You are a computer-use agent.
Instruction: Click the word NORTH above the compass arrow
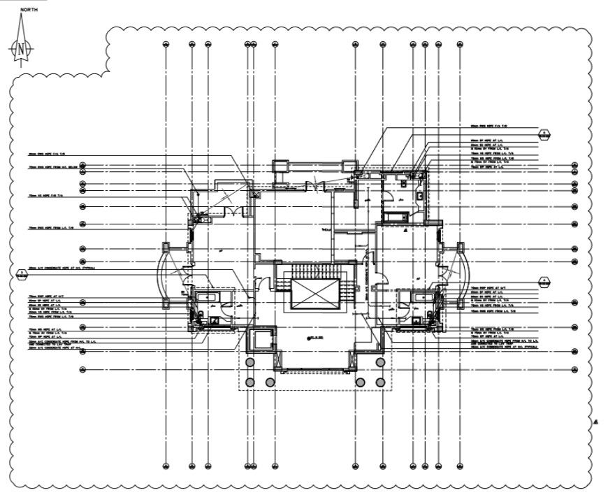pyautogui.click(x=29, y=10)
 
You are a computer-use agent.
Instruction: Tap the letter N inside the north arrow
pyautogui.click(x=22, y=49)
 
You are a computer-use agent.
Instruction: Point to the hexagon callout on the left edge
pyautogui.click(x=22, y=272)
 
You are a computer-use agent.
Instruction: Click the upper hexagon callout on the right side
pyautogui.click(x=543, y=133)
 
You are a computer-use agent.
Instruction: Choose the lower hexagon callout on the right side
pyautogui.click(x=543, y=282)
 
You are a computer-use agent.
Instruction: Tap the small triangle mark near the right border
pyautogui.click(x=595, y=422)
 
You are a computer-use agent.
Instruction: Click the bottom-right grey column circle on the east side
pyautogui.click(x=379, y=382)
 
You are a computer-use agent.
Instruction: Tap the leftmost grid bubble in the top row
pyautogui.click(x=166, y=45)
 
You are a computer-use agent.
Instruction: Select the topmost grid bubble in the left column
pyautogui.click(x=82, y=166)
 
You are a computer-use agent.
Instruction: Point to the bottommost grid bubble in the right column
pyautogui.click(x=574, y=369)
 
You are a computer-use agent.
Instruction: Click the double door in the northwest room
pyautogui.click(x=235, y=210)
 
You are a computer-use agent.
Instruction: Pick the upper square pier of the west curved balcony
pyautogui.click(x=166, y=247)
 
